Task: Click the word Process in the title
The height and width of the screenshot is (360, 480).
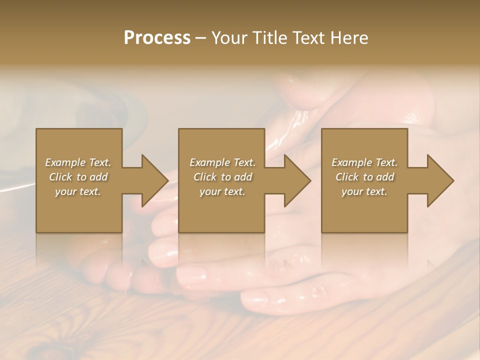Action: [157, 38]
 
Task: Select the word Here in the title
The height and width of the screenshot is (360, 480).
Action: [348, 38]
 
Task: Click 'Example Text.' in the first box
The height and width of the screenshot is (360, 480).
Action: [78, 162]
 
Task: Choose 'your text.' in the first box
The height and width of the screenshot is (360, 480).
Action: [78, 191]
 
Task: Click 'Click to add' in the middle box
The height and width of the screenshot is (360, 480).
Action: [222, 177]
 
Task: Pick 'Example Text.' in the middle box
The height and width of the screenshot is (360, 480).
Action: [222, 162]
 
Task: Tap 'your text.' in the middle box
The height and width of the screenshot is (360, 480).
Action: [222, 191]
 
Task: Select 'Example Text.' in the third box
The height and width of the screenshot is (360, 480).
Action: [364, 162]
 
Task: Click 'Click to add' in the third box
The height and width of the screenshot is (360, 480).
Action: [364, 177]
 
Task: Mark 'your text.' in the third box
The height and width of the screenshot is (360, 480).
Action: [364, 191]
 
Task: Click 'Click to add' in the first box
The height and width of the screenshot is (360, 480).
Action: [78, 177]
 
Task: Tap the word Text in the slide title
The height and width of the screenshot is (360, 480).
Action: [307, 38]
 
